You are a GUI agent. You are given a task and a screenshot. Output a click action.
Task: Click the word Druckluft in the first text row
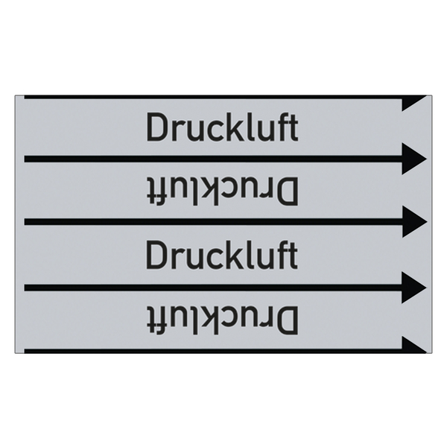[x=222, y=127]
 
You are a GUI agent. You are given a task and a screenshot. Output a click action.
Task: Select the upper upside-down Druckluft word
[x=222, y=191]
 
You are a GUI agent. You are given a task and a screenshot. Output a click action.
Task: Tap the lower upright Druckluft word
[x=222, y=255]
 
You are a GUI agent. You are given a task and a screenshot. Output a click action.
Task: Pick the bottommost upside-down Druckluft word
[x=222, y=320]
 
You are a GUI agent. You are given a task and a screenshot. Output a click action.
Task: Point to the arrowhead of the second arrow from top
[x=414, y=159]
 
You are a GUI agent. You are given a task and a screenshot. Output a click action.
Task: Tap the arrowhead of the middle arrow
[x=414, y=221]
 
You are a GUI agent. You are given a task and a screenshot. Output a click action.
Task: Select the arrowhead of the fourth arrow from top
[x=414, y=288]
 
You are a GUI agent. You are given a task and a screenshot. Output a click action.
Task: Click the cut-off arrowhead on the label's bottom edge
[x=413, y=345]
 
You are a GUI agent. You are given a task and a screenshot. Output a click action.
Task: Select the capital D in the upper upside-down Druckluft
[x=288, y=191]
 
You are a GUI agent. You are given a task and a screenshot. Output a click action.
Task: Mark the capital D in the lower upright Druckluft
[x=156, y=255]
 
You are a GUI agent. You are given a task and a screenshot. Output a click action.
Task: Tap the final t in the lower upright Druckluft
[x=294, y=256]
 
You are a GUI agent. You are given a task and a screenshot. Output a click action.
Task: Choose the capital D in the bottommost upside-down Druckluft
[x=288, y=320]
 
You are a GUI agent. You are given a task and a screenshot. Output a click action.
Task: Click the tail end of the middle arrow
[x=25, y=221]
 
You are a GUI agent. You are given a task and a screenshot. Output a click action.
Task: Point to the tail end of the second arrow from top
[x=25, y=159]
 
